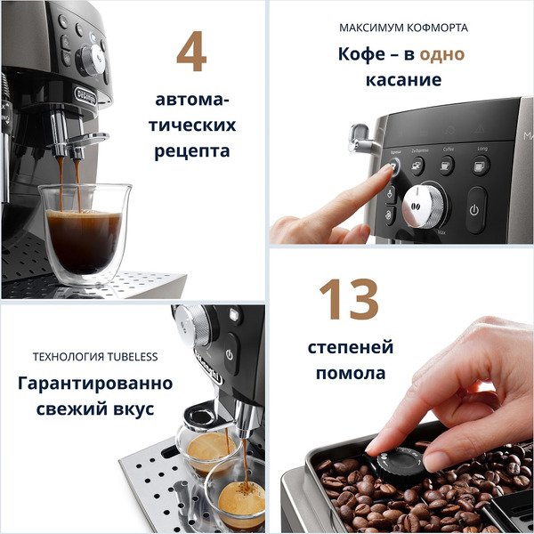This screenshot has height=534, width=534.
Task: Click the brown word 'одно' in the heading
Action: (442, 54)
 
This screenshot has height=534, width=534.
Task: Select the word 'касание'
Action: (402, 80)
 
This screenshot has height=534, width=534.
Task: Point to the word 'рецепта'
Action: (191, 150)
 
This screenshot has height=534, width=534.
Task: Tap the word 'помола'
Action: (351, 374)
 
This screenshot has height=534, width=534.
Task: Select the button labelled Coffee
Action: (446, 165)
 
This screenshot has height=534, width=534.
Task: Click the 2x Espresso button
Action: (418, 164)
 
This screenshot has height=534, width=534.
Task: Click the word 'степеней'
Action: (351, 347)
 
